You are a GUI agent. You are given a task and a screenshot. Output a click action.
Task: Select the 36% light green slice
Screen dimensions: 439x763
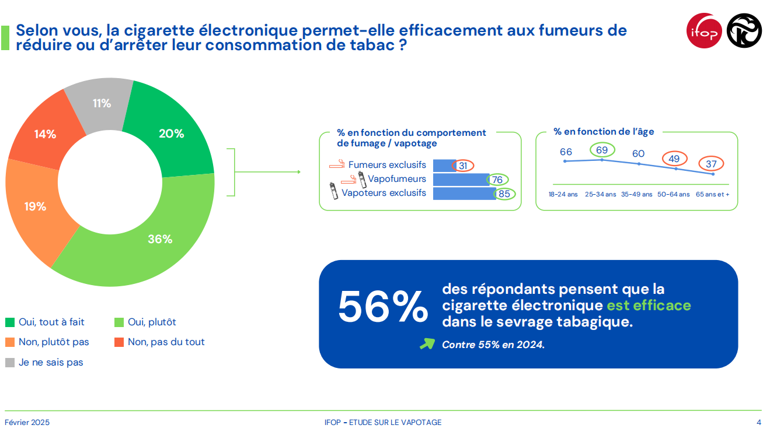click(x=159, y=239)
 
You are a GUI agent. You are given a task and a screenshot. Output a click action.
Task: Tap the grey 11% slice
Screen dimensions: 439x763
click(x=102, y=103)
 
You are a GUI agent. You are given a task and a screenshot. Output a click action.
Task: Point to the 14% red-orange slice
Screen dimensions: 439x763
click(x=45, y=134)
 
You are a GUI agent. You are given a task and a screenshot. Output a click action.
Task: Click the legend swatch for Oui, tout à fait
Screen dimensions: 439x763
click(x=10, y=322)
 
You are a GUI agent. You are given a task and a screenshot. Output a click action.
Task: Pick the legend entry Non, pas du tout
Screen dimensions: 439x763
click(x=166, y=342)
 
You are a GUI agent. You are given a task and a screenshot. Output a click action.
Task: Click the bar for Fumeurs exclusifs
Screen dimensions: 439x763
click(x=444, y=166)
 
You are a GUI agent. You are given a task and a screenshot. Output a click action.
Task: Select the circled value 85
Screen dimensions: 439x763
click(x=504, y=194)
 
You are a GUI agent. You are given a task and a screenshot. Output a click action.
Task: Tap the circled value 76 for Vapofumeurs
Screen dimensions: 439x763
click(x=497, y=180)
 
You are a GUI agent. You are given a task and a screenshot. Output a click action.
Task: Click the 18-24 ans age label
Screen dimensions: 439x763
click(x=563, y=194)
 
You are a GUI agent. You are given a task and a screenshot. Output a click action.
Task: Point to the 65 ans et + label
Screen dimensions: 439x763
click(x=713, y=194)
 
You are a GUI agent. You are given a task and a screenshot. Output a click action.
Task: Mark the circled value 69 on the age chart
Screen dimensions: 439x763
click(x=602, y=150)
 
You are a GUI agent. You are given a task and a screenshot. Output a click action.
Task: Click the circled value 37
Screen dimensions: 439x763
click(x=710, y=164)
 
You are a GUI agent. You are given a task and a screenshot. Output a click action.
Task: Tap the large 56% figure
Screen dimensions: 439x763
click(x=382, y=307)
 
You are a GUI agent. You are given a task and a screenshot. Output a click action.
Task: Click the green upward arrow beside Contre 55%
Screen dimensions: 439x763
click(x=427, y=344)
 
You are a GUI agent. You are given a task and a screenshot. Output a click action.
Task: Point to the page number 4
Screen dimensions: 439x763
click(x=758, y=422)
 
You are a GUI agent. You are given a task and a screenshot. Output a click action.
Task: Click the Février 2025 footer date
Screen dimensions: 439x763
click(x=27, y=422)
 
